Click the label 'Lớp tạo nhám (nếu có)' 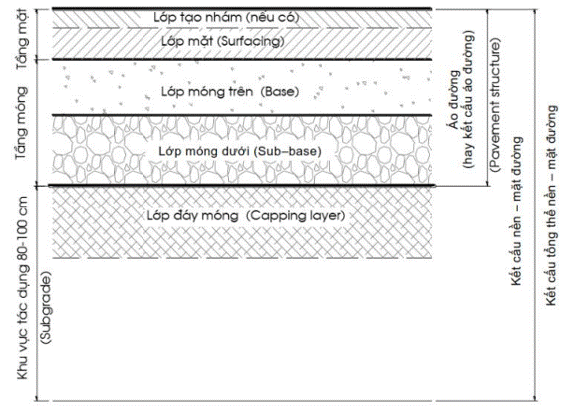click(226, 17)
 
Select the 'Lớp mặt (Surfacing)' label click(223, 41)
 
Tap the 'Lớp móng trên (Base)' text click(230, 91)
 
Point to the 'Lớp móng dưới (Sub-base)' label click(240, 151)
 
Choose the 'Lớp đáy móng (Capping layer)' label click(246, 215)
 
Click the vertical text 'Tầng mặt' click(22, 39)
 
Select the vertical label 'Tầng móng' click(22, 123)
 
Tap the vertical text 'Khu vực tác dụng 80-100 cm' click(22, 287)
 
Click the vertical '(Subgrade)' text click(47, 308)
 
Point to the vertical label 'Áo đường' click(454, 100)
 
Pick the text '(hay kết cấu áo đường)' click(469, 99)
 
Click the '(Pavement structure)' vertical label click(494, 105)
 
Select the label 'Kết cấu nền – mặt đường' click(516, 211)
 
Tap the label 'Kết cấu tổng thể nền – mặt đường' click(551, 206)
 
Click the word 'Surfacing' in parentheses click(251, 41)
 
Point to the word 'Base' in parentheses click(280, 91)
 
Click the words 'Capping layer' click(295, 215)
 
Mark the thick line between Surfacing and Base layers click(242, 59)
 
